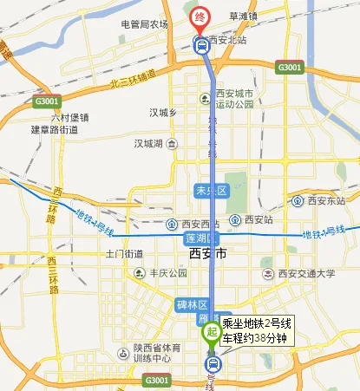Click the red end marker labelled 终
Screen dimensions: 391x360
[200, 16]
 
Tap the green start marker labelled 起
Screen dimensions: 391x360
[210, 330]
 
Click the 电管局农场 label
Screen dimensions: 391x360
[144, 24]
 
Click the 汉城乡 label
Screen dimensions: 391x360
[162, 113]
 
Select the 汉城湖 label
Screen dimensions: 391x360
[151, 143]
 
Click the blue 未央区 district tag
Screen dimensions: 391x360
[208, 189]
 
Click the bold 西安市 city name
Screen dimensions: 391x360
[207, 254]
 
